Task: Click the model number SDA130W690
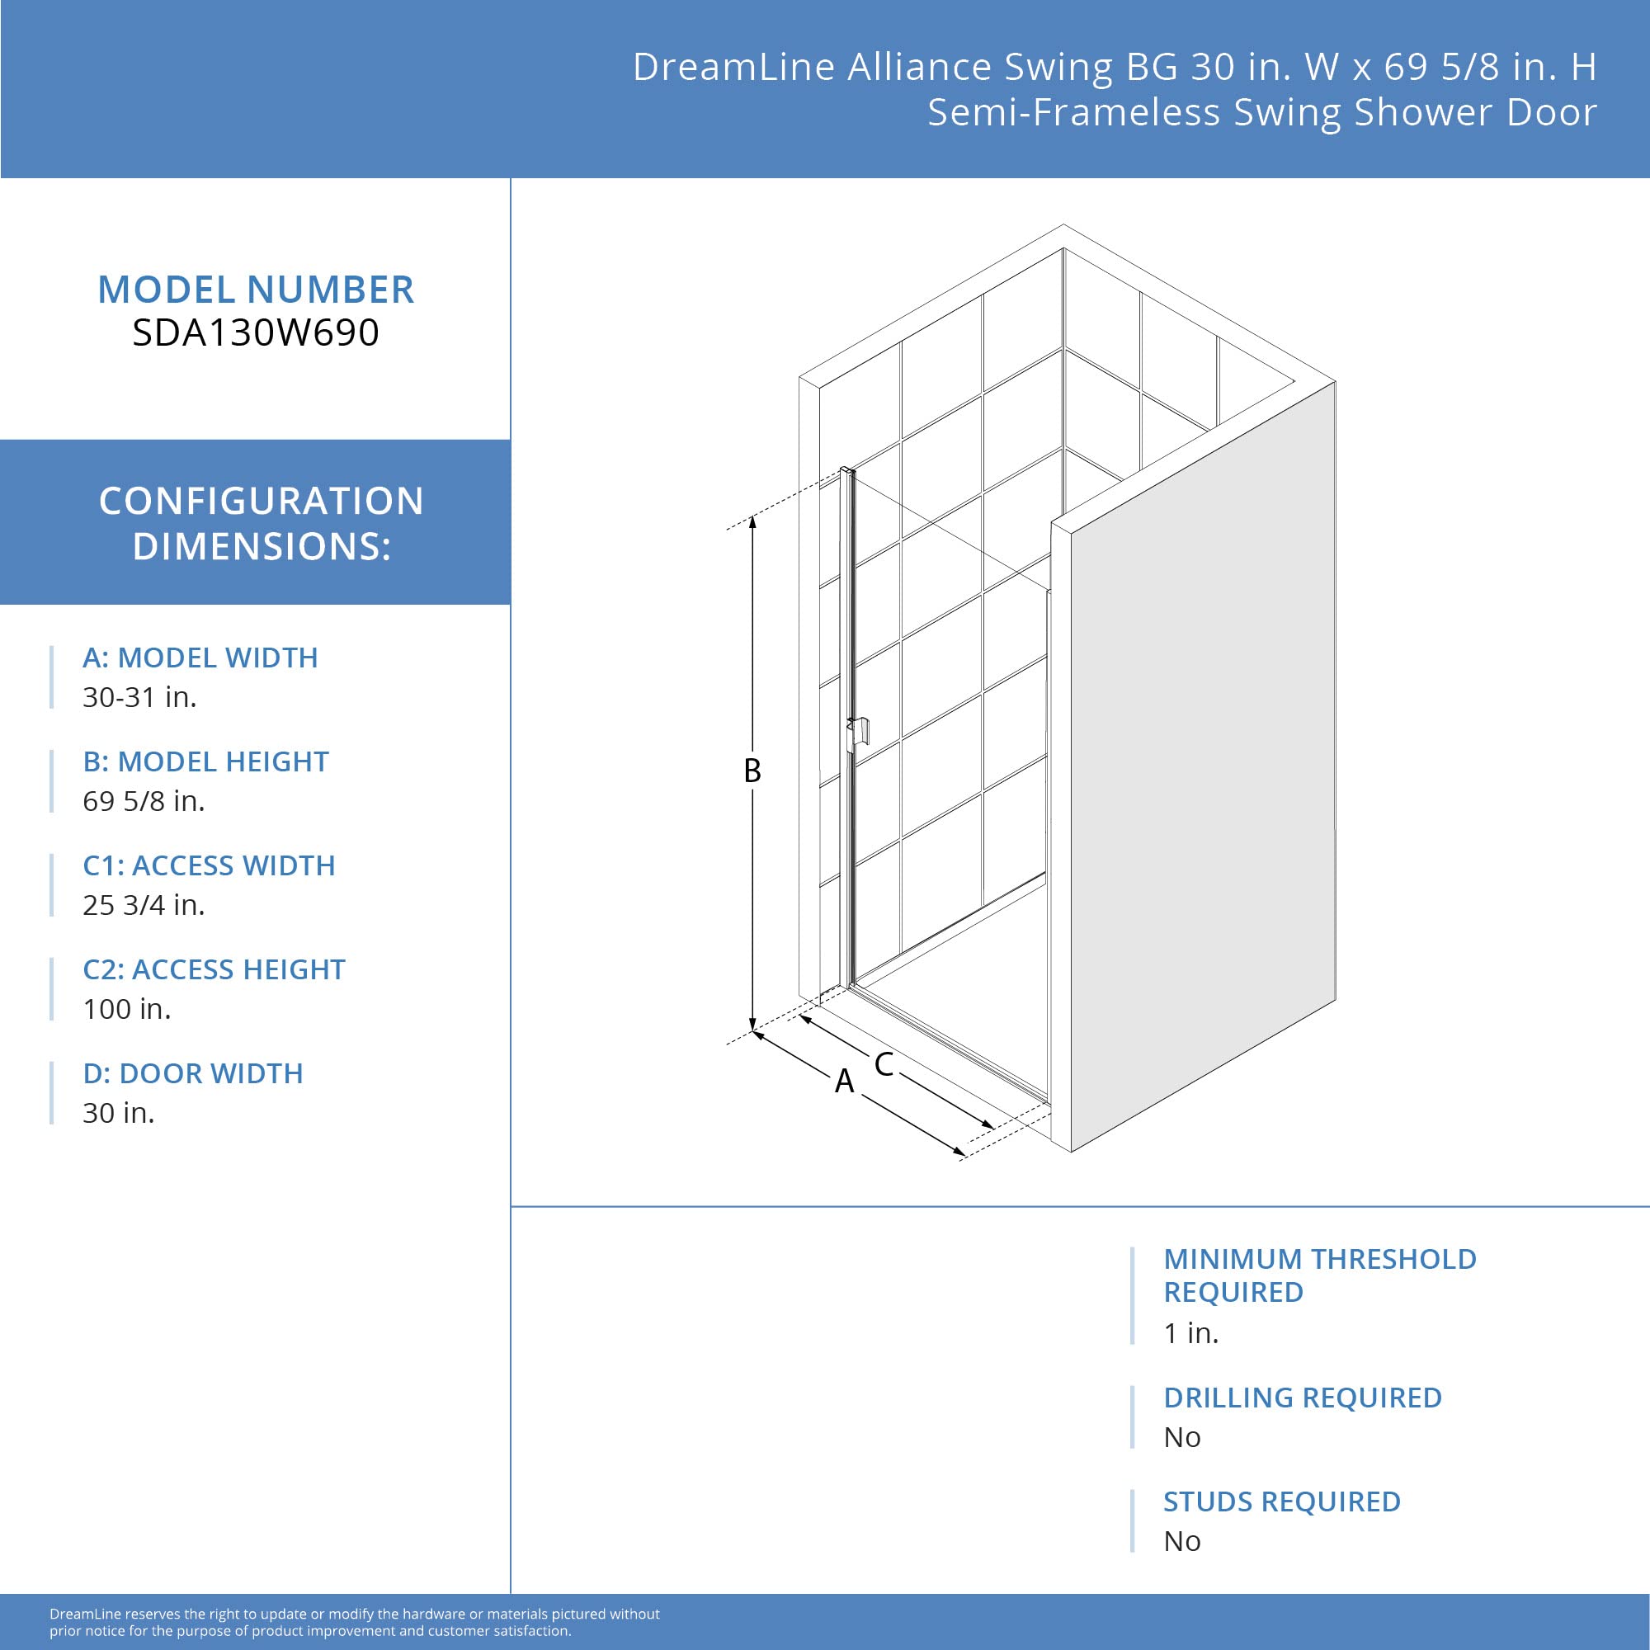point(256,333)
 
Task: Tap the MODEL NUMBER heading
point(256,290)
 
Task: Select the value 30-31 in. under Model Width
point(139,697)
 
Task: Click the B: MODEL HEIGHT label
point(205,761)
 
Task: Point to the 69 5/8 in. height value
point(144,801)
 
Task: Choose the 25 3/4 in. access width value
point(144,905)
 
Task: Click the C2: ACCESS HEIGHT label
point(214,969)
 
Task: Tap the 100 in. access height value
point(126,1010)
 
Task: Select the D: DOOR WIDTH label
point(192,1073)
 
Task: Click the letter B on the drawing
point(752,771)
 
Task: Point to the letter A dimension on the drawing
point(844,1082)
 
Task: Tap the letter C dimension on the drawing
point(883,1064)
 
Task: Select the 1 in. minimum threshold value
point(1190,1333)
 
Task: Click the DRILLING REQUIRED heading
point(1302,1398)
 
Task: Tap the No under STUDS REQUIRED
point(1182,1542)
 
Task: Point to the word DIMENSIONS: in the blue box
point(262,547)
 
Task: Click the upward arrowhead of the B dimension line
point(752,522)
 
